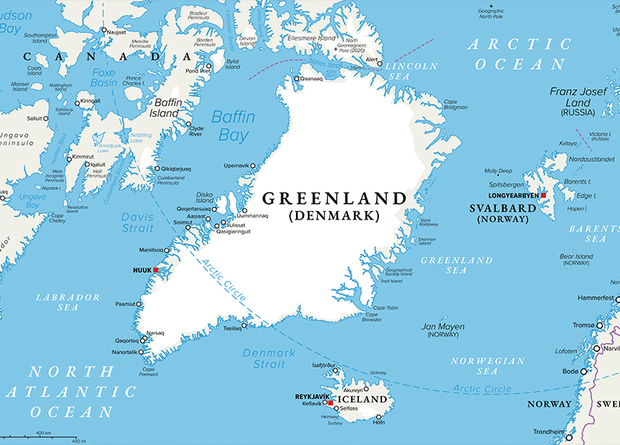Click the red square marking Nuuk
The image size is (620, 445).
(x=156, y=270)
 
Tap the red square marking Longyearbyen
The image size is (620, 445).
(x=543, y=195)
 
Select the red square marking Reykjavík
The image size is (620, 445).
(x=331, y=403)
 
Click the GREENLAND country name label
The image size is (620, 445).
(x=334, y=198)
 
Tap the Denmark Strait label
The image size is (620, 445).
(x=269, y=359)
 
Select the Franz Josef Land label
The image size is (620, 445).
(x=580, y=97)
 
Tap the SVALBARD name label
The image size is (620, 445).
(x=504, y=209)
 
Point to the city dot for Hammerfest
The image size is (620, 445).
(x=618, y=298)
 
